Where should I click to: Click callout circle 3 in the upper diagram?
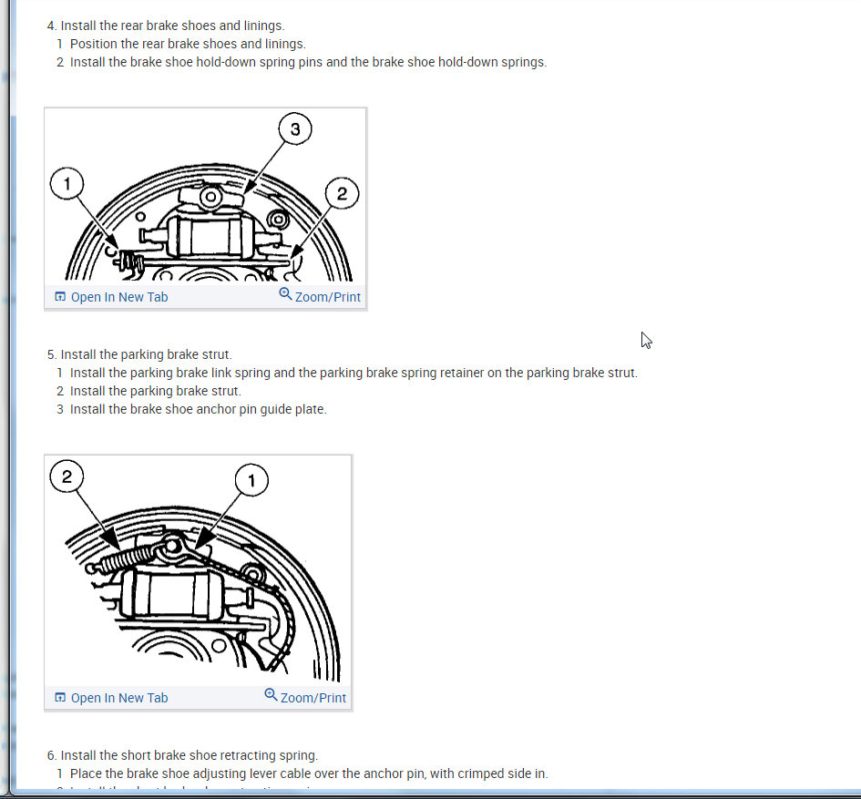click(x=295, y=129)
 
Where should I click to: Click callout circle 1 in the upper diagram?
click(x=67, y=183)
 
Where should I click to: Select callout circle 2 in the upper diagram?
click(x=342, y=193)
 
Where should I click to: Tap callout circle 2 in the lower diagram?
click(x=67, y=476)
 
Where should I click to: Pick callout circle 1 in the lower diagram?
click(x=251, y=480)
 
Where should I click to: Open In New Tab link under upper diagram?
click(x=111, y=297)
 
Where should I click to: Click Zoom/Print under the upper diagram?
click(x=320, y=296)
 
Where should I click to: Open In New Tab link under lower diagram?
click(x=111, y=698)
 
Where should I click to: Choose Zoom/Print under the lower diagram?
click(x=305, y=697)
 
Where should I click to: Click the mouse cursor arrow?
click(x=646, y=340)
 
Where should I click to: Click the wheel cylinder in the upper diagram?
click(x=207, y=237)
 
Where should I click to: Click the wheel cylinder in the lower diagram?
click(x=176, y=595)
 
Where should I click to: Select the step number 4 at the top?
click(x=52, y=26)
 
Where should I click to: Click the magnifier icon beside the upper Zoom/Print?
click(x=285, y=293)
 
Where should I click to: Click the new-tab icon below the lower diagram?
click(x=60, y=697)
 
